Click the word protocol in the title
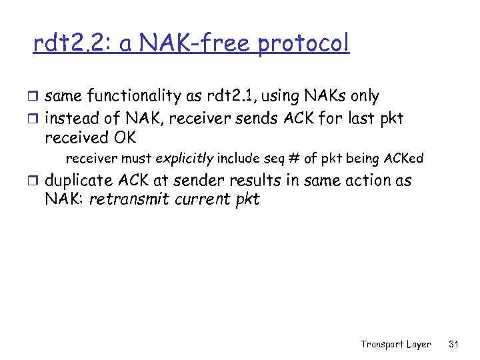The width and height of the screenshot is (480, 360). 303,45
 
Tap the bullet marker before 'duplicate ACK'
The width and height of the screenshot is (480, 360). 36,181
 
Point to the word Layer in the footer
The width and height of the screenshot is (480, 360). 419,344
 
